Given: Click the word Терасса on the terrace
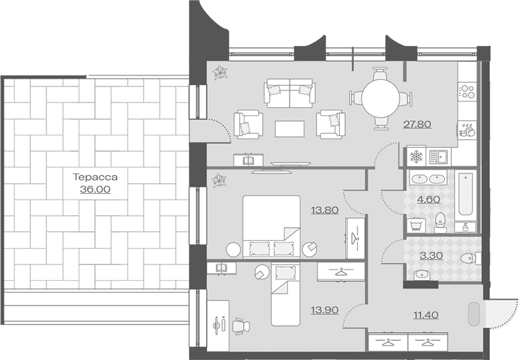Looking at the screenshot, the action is coord(95,177).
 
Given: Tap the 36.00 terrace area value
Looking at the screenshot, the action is coord(95,189).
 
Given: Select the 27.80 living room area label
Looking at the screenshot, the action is coord(417,124).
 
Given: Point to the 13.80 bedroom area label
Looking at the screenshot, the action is coord(325,210).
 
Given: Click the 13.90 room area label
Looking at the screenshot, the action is coord(325,310).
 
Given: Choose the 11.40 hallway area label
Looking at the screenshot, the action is coord(426,315).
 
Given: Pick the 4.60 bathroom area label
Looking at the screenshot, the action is coord(428,200).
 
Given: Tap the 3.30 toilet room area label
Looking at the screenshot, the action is coord(431,256).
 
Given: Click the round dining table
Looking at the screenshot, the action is coord(381,98).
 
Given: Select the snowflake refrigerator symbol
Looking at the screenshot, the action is coord(416,156).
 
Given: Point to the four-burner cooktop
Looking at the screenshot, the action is coord(467,91).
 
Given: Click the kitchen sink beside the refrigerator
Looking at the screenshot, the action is coord(438,156).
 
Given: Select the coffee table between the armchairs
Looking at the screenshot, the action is coord(289,129).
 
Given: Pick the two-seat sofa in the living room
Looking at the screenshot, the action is coord(289,93).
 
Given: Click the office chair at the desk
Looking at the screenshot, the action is coord(241,326).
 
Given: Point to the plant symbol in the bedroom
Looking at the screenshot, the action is coord(219,181).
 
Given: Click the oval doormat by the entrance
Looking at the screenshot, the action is coord(474,314).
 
